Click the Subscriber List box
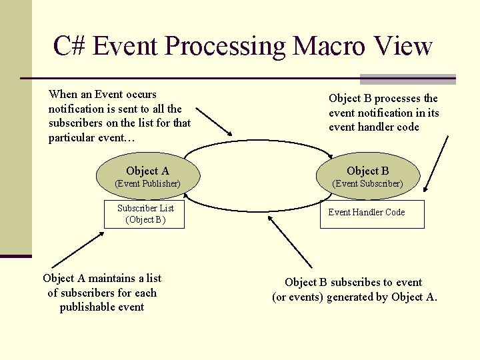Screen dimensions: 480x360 (145, 214)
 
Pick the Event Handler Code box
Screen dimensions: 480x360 (366, 213)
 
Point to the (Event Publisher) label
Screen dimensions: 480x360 (147, 183)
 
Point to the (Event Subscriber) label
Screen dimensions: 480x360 (367, 183)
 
